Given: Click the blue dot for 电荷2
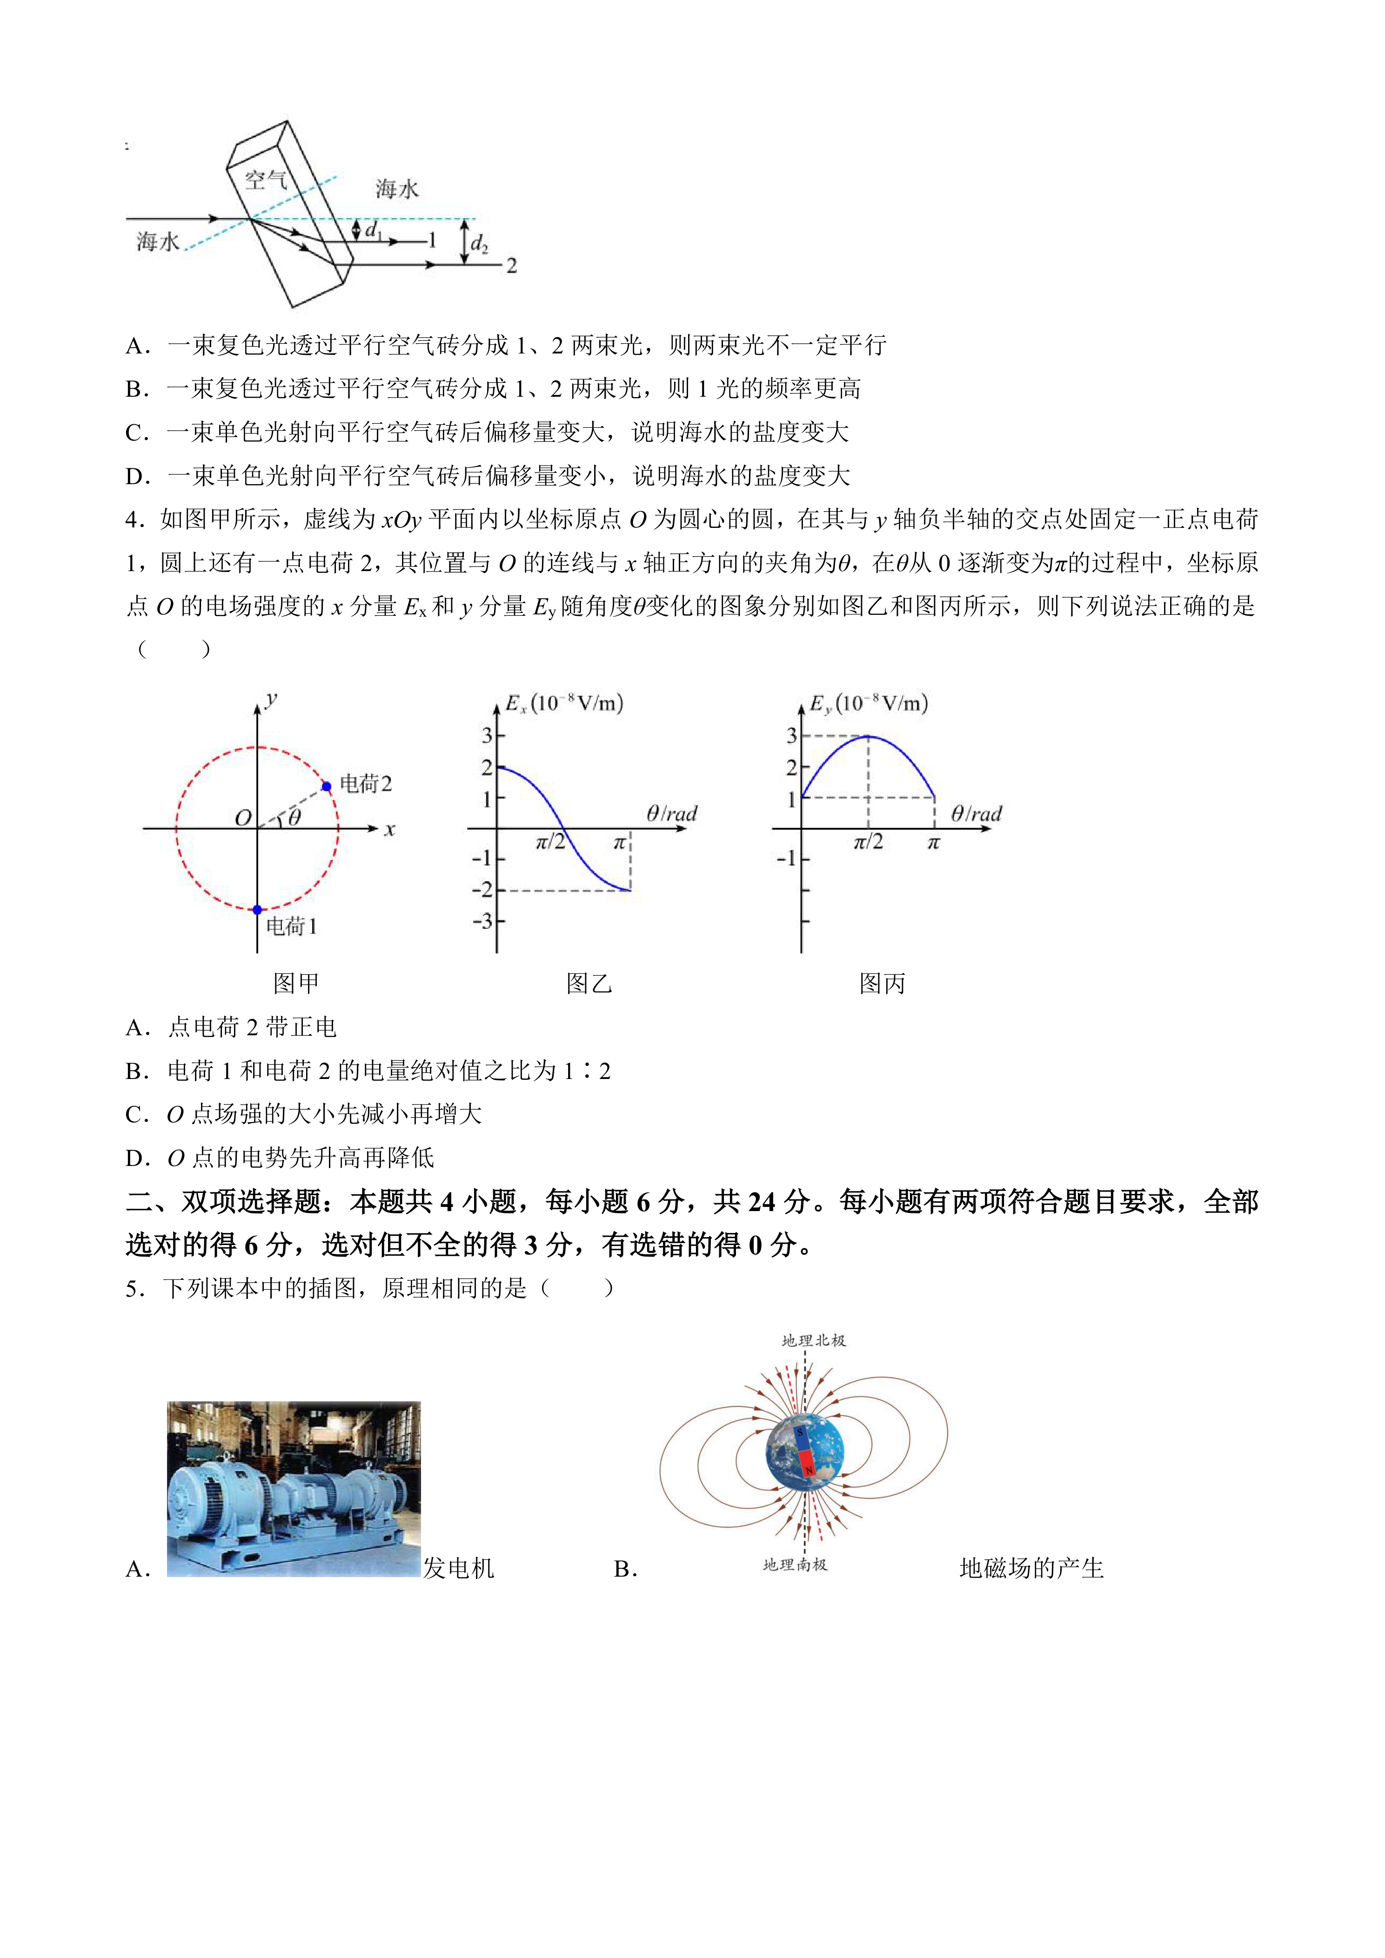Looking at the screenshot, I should (x=327, y=786).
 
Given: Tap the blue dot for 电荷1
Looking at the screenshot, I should (x=258, y=910).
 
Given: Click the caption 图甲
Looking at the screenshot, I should (x=296, y=983).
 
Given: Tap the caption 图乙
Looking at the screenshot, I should (x=589, y=983).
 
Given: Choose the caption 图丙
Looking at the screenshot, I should (x=882, y=983).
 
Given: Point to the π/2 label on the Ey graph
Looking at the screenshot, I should (x=868, y=843).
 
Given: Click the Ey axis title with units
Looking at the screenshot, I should (x=868, y=704).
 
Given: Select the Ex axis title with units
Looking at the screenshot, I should (x=565, y=704).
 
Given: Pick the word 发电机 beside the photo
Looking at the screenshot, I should (x=459, y=1567).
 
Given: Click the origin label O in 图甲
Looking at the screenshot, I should (x=243, y=818).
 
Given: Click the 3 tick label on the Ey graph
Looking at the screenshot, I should (x=791, y=735).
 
